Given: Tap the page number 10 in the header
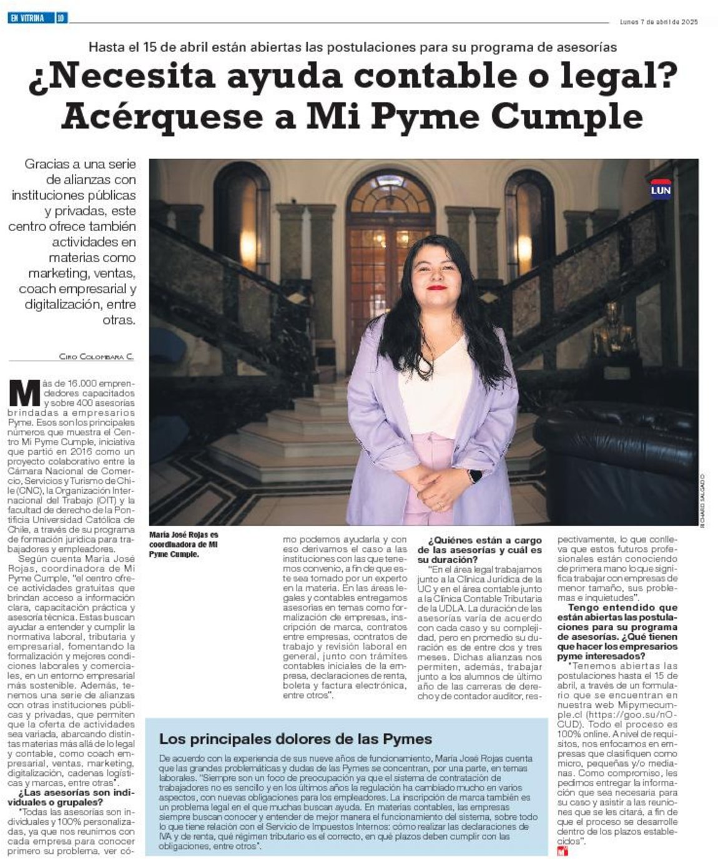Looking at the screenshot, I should coord(61,19).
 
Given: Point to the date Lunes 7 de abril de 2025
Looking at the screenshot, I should coord(658,22).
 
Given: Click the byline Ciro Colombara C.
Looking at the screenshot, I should coord(97,356).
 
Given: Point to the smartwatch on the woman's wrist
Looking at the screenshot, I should coord(475,476).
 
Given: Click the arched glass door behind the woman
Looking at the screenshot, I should coord(390,250).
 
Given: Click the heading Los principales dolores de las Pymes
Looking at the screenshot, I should coord(295,739).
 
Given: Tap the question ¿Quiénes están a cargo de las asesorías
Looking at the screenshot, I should coord(480,550).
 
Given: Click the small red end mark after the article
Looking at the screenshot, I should coord(563,851).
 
